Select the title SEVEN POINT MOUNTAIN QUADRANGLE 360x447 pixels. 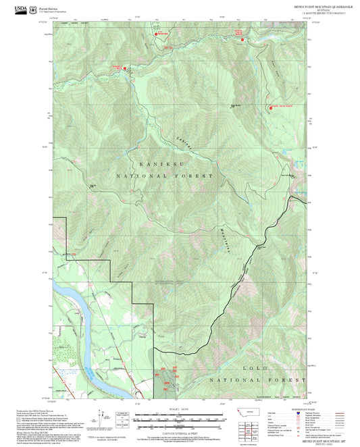coord(294,4)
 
